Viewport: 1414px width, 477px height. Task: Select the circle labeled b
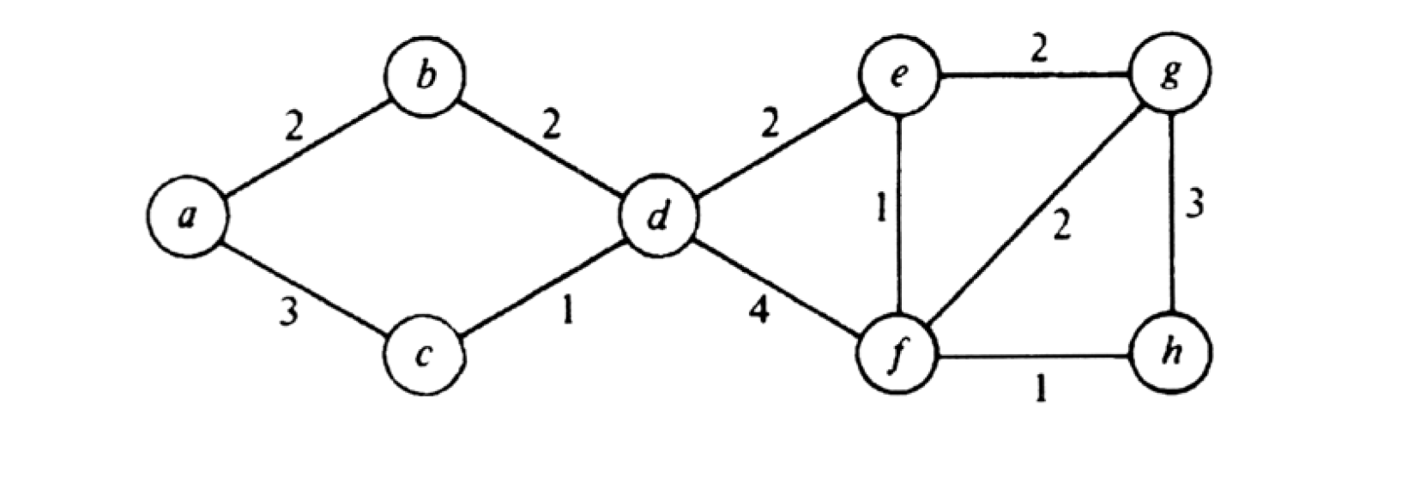click(426, 76)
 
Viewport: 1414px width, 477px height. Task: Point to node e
click(900, 76)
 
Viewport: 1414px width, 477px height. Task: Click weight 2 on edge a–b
click(294, 129)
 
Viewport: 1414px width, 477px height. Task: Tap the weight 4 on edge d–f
click(758, 311)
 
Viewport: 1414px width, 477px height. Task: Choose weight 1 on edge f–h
click(1041, 391)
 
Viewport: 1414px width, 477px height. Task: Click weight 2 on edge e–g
click(1038, 51)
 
